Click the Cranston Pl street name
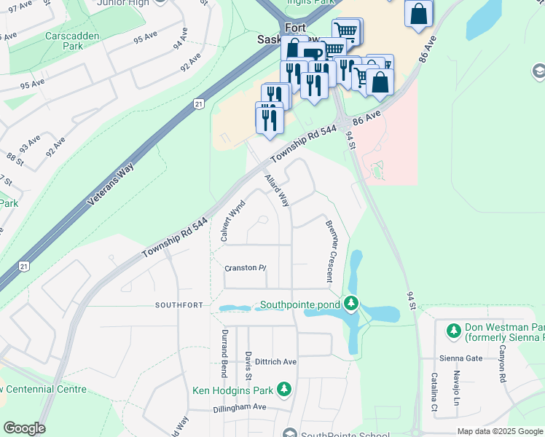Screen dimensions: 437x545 (x=246, y=268)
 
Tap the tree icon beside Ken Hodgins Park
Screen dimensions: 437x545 (x=284, y=390)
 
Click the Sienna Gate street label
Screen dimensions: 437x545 (x=461, y=358)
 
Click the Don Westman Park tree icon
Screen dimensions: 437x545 (x=454, y=331)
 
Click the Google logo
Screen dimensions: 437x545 (x=24, y=428)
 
